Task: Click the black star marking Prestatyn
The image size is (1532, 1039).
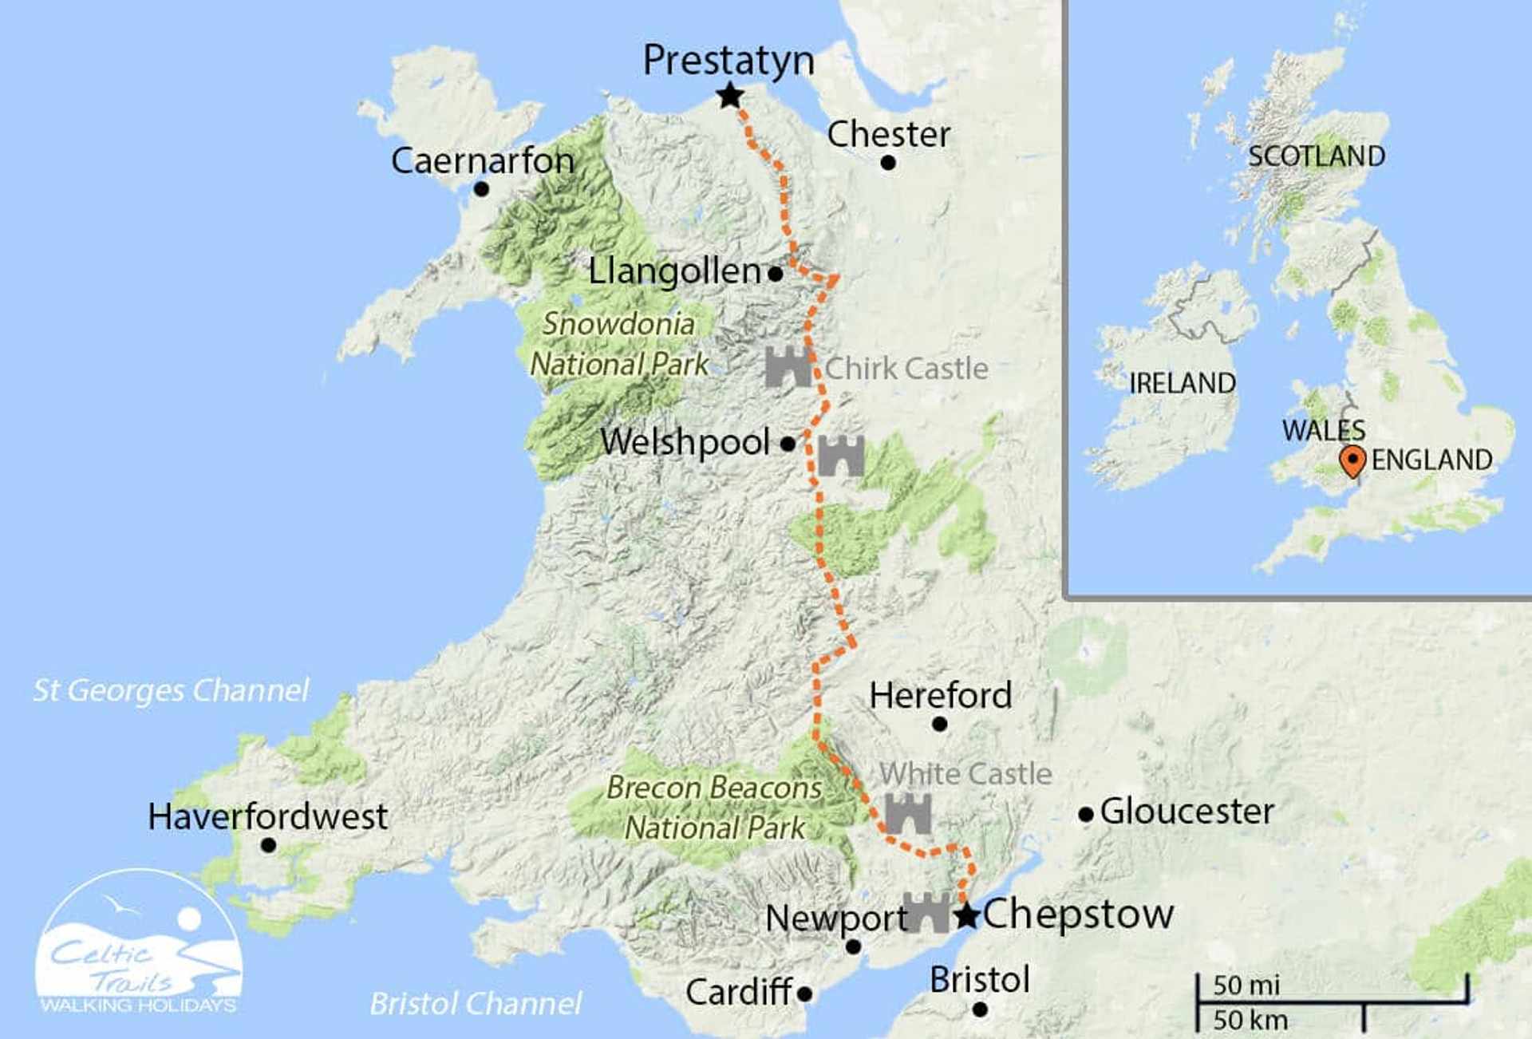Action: click(729, 97)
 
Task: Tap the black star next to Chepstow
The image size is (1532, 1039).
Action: click(967, 915)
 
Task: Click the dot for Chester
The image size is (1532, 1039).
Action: click(888, 163)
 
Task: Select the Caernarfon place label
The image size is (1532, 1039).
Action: click(483, 161)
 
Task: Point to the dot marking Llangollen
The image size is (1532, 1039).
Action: click(775, 274)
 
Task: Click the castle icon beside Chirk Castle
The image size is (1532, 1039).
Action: click(788, 367)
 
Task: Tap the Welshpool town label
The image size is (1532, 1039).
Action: click(685, 442)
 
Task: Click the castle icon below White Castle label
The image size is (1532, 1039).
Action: click(908, 813)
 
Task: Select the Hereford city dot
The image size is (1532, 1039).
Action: click(940, 724)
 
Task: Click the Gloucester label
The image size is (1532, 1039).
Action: click(1187, 812)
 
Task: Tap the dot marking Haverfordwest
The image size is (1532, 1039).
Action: click(269, 844)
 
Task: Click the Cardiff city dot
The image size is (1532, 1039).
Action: click(804, 994)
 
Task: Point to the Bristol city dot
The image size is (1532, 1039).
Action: click(980, 1009)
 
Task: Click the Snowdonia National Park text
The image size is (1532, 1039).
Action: click(619, 344)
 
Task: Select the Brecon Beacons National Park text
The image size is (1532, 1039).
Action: click(714, 808)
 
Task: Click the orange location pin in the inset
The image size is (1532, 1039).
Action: click(1352, 460)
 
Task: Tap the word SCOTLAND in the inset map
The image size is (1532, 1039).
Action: click(1317, 156)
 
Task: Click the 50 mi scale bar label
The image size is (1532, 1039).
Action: click(1246, 986)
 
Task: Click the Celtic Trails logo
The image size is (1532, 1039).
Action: click(140, 946)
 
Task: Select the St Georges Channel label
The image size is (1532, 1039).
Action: click(171, 690)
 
